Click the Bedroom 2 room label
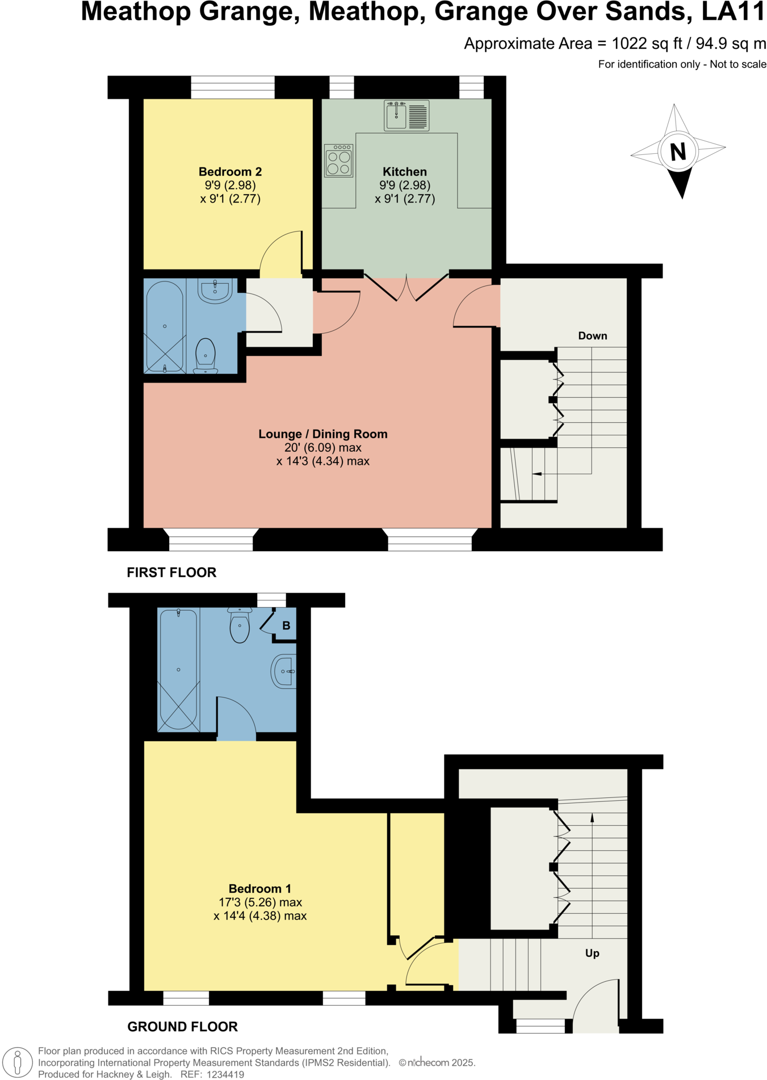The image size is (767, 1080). (230, 171)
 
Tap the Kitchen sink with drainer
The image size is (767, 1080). (406, 115)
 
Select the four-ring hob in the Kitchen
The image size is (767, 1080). (339, 161)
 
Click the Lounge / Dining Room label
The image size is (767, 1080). (322, 434)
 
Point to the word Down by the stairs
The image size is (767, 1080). (592, 336)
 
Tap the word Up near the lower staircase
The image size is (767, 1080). (592, 953)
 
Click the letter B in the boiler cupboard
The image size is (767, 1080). (286, 625)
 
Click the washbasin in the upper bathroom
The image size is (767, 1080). (215, 291)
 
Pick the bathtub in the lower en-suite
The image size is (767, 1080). (178, 670)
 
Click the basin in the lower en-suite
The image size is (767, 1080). (284, 671)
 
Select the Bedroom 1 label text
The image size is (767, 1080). (259, 889)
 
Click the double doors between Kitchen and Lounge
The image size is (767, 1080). (406, 287)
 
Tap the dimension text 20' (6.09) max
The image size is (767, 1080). (322, 448)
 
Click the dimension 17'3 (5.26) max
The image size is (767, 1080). (260, 902)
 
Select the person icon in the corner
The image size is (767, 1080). (18, 1062)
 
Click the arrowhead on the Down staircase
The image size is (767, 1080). (537, 474)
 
